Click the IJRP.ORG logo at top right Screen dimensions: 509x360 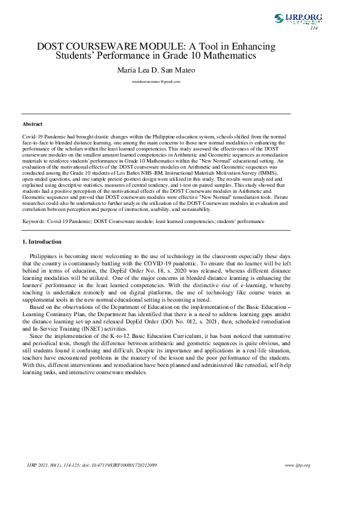coord(296,19)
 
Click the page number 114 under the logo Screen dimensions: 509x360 coord(313,28)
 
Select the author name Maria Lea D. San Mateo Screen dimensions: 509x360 coord(156,70)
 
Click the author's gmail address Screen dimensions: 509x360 coord(156,80)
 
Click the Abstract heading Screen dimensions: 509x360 coord(32,124)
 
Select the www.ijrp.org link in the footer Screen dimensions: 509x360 coord(297,465)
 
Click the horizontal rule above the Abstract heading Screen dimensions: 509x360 coord(156,113)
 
